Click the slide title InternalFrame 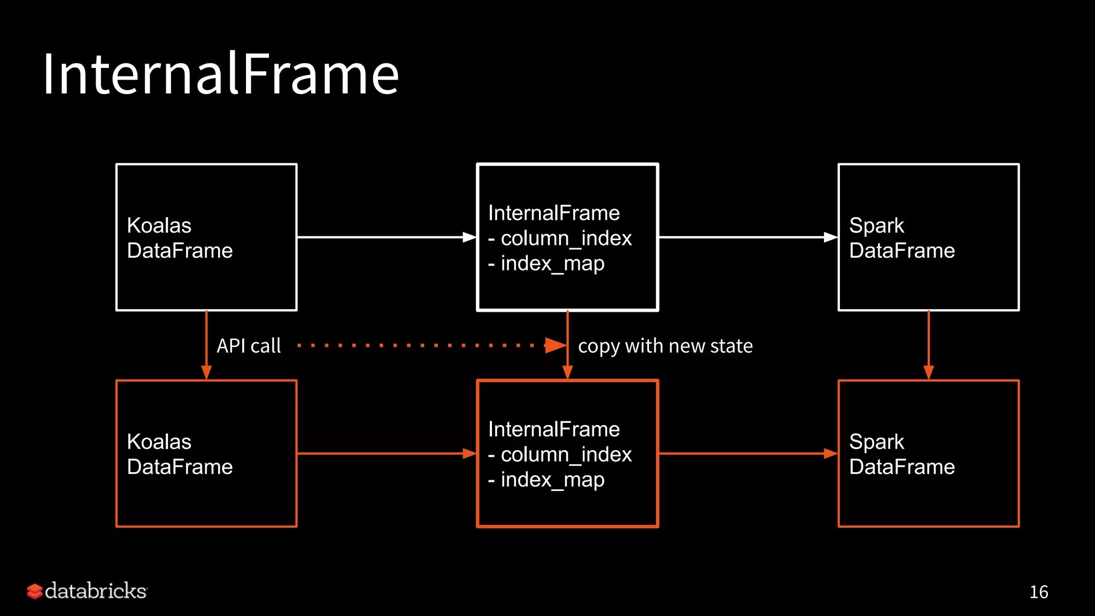pos(220,74)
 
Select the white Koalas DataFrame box pos(206,237)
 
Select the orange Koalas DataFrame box pos(206,453)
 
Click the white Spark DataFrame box pos(928,237)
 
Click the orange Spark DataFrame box pos(928,453)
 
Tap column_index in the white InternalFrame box pos(566,238)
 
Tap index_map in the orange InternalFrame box pos(552,480)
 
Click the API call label pos(249,346)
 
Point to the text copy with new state pos(665,346)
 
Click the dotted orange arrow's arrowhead pos(555,345)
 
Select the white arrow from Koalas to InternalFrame pos(385,237)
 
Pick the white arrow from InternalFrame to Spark pos(747,237)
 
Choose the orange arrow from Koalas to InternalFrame pos(385,453)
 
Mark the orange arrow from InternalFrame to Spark pos(747,453)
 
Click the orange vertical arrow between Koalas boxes pos(206,345)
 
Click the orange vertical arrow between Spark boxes pos(928,345)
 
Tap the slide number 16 pos(1038,592)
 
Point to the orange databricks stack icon pos(35,591)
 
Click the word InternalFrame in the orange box pos(554,429)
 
